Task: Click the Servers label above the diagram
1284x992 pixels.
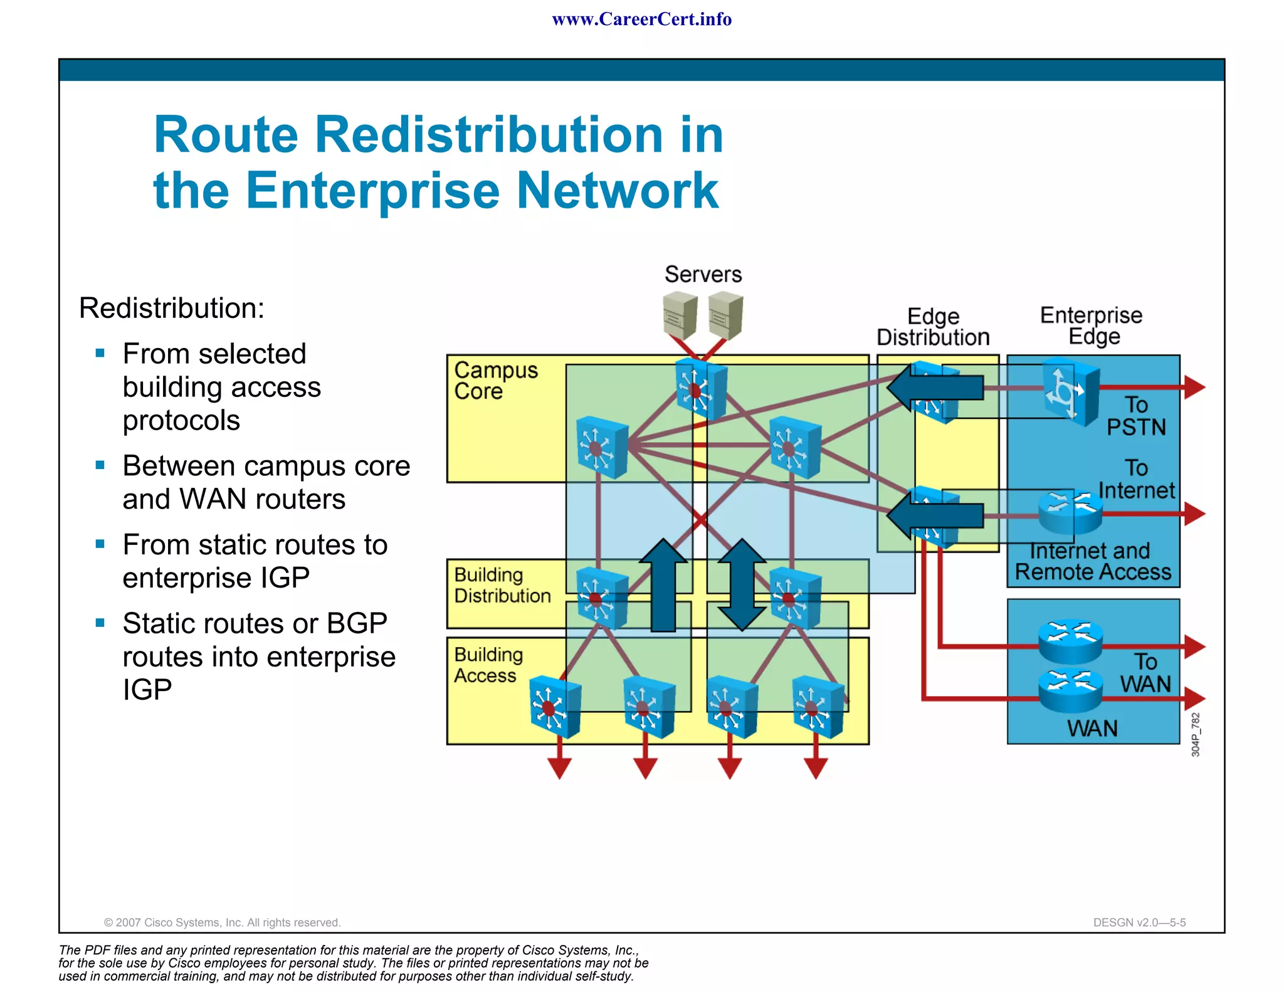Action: click(703, 275)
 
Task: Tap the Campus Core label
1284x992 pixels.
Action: click(495, 381)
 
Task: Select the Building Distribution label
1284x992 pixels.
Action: click(502, 585)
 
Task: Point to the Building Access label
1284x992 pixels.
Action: click(488, 665)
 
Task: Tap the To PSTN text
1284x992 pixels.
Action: click(1136, 416)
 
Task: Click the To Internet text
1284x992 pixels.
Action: click(1136, 480)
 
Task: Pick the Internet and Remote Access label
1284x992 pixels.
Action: click(1093, 562)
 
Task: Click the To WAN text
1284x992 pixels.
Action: click(1145, 673)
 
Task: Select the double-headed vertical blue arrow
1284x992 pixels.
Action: click(742, 584)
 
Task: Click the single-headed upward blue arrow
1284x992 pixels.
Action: click(663, 584)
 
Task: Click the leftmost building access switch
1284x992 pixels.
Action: click(554, 707)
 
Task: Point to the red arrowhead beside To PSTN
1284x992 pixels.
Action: click(1194, 387)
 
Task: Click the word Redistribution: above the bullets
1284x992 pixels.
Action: click(172, 309)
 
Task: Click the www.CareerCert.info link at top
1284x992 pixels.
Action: click(641, 19)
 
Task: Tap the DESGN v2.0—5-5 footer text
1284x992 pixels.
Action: click(1139, 922)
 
